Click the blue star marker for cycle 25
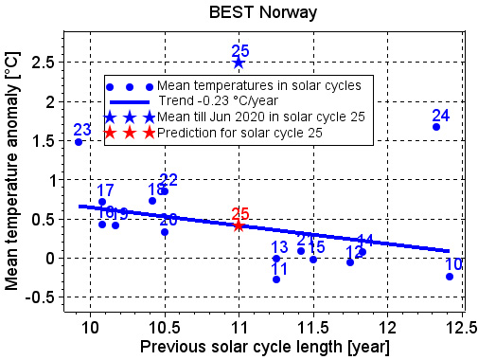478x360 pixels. tap(239, 63)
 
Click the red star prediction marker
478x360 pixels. tap(239, 225)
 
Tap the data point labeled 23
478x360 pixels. tap(79, 142)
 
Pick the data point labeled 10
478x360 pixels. tap(450, 277)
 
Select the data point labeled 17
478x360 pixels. tap(102, 202)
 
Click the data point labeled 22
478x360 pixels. tap(165, 191)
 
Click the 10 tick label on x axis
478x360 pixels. tap(91, 326)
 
